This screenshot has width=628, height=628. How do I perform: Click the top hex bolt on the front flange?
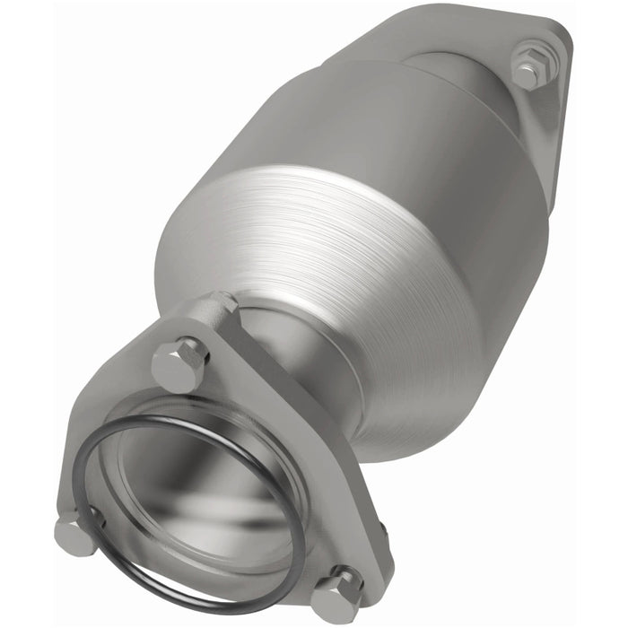(x=179, y=362)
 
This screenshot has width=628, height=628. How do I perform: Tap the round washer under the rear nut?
(x=525, y=79)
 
